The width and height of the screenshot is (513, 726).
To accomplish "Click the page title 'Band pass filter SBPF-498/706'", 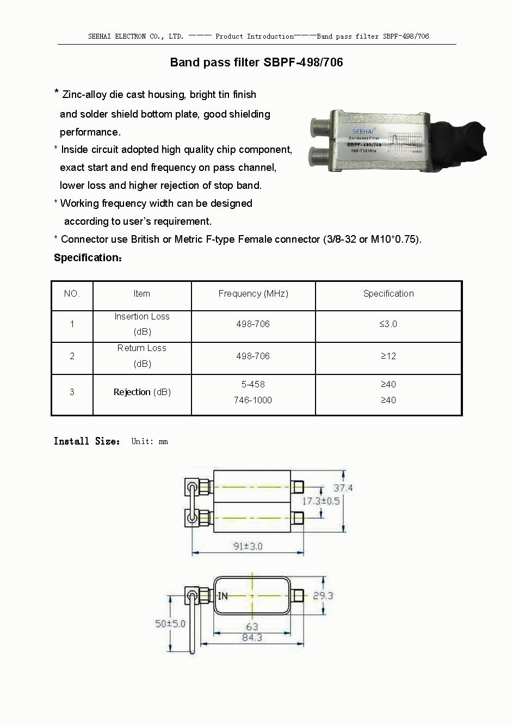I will click(256, 62).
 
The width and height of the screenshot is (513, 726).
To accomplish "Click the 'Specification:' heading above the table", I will click(88, 257).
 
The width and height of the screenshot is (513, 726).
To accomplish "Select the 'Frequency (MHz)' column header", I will click(253, 293).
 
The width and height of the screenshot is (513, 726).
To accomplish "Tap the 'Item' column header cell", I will click(141, 293).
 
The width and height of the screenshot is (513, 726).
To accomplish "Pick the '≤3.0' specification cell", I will click(388, 324).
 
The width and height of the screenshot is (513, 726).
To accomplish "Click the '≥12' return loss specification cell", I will click(388, 356).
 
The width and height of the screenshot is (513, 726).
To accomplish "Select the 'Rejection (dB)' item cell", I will click(142, 392).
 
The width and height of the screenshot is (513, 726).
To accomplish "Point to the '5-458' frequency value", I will click(253, 384).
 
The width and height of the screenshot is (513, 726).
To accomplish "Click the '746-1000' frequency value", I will click(253, 400).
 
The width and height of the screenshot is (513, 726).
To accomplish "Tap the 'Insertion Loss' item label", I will click(142, 316).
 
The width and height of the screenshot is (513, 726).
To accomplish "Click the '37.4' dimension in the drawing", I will click(343, 488).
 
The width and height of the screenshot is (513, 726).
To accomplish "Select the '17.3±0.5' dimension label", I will click(320, 501).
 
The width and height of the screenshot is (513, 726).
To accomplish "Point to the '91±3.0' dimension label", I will click(248, 546).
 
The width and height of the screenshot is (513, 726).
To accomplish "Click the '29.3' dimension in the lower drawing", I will click(323, 595).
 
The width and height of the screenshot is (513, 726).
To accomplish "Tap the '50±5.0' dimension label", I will click(170, 623).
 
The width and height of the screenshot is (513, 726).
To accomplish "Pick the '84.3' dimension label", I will click(252, 637).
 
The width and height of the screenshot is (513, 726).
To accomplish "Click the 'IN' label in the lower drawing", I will click(222, 596).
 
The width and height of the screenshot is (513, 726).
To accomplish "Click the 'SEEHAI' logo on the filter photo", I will click(363, 131).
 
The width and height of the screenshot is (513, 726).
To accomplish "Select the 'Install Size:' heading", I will click(86, 441).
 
